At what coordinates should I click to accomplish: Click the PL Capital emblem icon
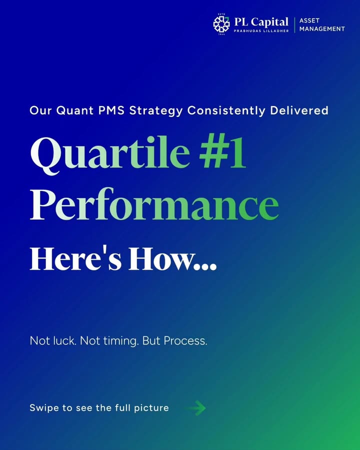[x=221, y=24]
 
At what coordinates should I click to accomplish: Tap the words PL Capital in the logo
[x=261, y=21]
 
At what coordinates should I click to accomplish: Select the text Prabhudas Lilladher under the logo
[x=261, y=31]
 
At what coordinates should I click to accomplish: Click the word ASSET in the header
[x=310, y=20]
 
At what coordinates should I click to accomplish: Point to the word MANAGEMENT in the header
[x=322, y=29]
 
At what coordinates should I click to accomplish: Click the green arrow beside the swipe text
[x=197, y=408]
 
